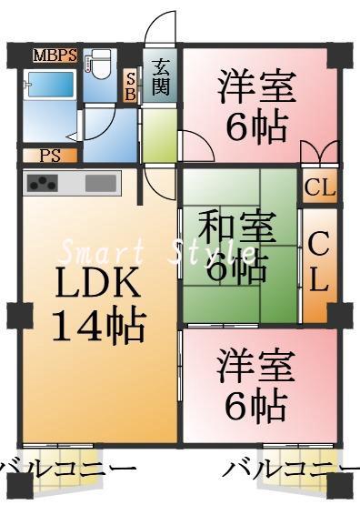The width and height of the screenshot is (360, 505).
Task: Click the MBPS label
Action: [x=55, y=56]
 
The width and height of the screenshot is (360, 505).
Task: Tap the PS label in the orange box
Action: [x=50, y=155]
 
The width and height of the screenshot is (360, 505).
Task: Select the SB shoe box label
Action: [x=131, y=86]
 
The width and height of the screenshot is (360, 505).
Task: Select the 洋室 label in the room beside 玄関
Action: [x=256, y=88]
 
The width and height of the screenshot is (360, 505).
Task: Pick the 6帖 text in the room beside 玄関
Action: [x=256, y=127]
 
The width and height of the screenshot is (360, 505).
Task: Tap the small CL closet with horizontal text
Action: [x=320, y=188]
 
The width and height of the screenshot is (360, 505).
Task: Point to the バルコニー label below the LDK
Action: [x=68, y=471]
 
